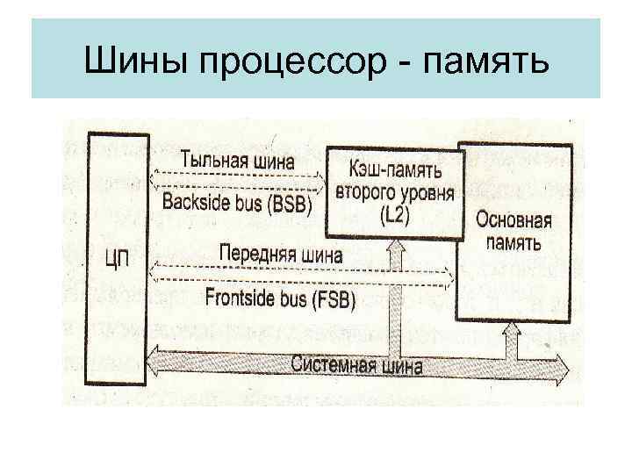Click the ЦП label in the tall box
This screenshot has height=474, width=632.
[118, 261]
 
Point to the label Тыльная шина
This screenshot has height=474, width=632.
[237, 162]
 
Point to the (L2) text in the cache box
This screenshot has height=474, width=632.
[394, 214]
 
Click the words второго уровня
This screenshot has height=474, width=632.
[394, 191]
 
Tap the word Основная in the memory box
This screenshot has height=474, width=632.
[513, 219]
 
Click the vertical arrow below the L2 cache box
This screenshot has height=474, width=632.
[395, 290]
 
